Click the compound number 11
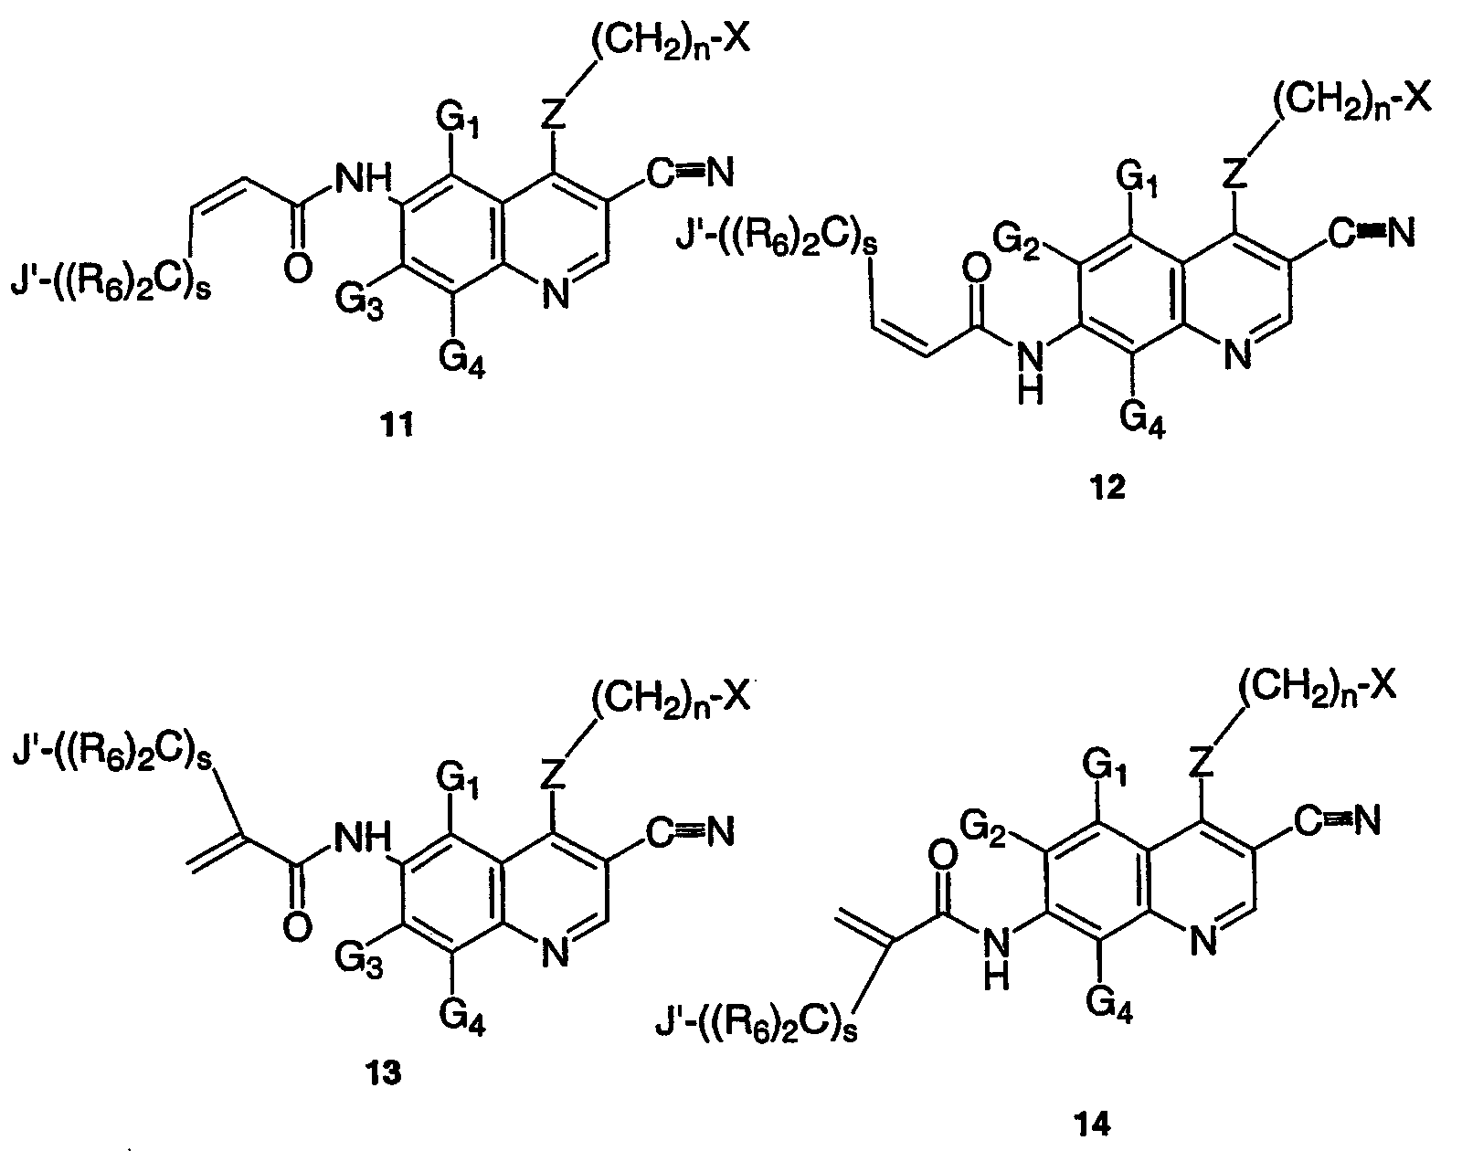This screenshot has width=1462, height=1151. coord(397,426)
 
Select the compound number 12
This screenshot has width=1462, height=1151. coord(1108,487)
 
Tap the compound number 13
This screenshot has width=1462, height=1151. coord(384,1072)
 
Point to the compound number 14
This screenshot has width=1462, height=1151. coord(1093,1125)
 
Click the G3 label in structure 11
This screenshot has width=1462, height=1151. coord(359,301)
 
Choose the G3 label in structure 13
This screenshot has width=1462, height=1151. coord(359,959)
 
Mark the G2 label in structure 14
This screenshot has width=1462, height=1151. coord(983,829)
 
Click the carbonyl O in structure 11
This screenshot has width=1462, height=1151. coord(298,268)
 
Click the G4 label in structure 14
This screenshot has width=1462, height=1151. coord(1109,1005)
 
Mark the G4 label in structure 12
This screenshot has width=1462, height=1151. coord(1143,419)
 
